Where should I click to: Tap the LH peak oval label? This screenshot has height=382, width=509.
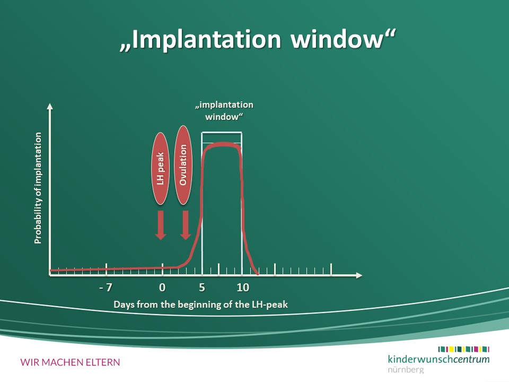click(160, 169)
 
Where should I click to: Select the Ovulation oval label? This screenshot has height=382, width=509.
click(183, 165)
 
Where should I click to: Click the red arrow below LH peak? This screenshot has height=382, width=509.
click(161, 225)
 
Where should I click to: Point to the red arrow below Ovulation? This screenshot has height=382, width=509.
click(186, 225)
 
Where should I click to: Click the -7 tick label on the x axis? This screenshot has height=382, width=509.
click(106, 288)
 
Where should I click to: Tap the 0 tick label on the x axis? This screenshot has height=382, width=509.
click(162, 288)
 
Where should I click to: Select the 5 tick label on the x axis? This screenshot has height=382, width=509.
click(202, 288)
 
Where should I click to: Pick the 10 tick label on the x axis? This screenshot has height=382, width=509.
click(243, 288)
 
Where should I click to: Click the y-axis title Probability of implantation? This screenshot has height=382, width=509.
click(38, 188)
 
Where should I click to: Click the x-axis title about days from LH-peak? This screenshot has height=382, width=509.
click(200, 305)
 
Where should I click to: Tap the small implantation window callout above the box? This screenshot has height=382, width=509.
click(224, 111)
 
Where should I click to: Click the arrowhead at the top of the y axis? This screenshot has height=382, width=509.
click(50, 106)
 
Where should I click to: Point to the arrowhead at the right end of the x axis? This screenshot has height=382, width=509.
click(359, 275)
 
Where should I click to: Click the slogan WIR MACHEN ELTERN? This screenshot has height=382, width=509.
click(70, 362)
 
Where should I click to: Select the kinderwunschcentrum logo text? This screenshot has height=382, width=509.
click(438, 359)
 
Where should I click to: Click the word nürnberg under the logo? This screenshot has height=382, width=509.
click(406, 370)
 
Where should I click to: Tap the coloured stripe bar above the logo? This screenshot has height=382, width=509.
click(463, 349)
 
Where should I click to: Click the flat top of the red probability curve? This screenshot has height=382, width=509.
click(222, 144)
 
